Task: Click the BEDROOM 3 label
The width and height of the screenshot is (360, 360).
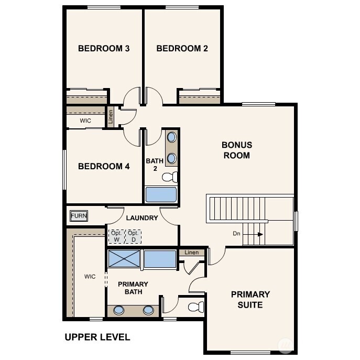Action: pos(104,49)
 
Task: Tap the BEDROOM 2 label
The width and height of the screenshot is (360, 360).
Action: pos(182,49)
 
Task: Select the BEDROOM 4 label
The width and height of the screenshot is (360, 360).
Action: pos(104,167)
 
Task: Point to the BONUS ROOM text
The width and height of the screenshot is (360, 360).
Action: pos(237,150)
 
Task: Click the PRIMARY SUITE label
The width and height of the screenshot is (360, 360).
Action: pos(250,299)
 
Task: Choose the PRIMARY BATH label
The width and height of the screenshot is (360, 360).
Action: pos(133,288)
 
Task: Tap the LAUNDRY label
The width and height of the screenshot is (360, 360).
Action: pos(141,218)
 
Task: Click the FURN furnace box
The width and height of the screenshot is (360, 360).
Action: pos(79,216)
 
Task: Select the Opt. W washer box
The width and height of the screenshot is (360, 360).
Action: pos(116,236)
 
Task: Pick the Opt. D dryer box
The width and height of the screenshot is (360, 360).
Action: pos(133,236)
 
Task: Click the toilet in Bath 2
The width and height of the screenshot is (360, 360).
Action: pos(170,177)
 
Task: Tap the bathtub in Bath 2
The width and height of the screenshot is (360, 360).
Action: pos(161,195)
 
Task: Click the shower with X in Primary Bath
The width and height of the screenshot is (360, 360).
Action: pos(124,259)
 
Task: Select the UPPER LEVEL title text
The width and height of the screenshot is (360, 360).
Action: pos(97,337)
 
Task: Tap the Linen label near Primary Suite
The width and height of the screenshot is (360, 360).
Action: pos(192,253)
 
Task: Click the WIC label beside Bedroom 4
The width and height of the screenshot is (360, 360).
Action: pos(85,121)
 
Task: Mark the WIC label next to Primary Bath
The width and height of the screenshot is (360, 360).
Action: pos(90,277)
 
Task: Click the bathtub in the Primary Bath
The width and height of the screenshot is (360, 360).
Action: pos(160,259)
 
